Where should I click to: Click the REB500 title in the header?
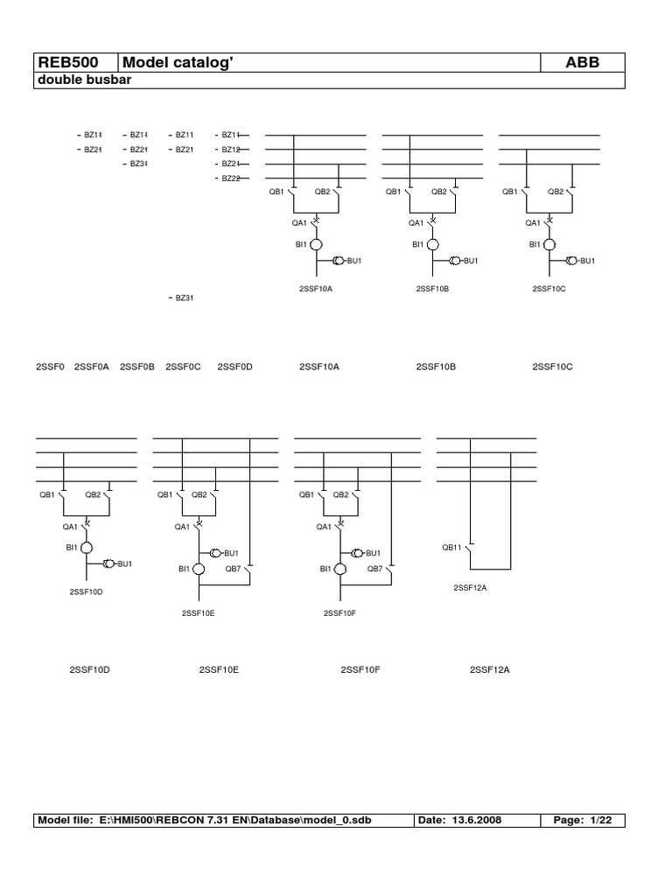point(66,62)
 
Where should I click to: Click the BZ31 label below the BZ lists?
point(184,298)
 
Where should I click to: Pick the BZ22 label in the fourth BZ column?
point(230,178)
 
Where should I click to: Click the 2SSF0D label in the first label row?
point(234,367)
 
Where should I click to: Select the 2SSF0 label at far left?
point(50,367)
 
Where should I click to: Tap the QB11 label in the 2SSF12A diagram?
point(451,548)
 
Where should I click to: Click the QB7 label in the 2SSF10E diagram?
point(233,569)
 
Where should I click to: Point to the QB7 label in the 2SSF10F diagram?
point(374,569)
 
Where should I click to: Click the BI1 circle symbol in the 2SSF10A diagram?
point(318,245)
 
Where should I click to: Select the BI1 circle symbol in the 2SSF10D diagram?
point(87,549)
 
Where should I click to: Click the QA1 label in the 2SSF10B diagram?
point(416,223)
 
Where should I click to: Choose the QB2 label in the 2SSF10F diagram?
point(341,495)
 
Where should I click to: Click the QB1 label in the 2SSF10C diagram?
point(510,192)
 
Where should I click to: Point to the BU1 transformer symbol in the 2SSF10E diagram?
point(215,553)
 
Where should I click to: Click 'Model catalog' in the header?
point(178,62)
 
